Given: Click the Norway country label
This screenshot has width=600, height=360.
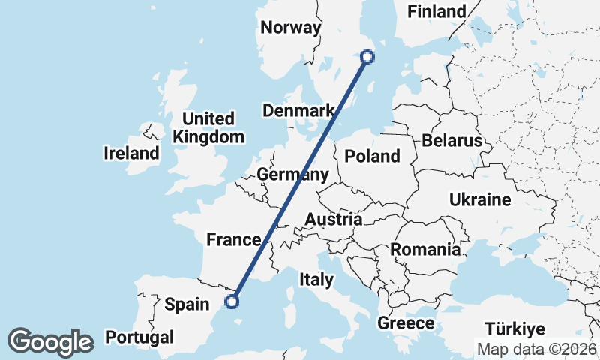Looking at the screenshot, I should click(x=290, y=28).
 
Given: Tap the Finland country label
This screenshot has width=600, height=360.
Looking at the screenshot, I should click(x=436, y=11).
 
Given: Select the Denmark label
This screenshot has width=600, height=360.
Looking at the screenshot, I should click(x=298, y=111).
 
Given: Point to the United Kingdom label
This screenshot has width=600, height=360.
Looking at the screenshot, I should click(x=208, y=127).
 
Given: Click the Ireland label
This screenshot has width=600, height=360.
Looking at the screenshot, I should click(x=131, y=154).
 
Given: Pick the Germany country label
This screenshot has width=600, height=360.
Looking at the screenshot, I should click(x=292, y=175).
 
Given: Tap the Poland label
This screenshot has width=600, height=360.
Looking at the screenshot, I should click(x=372, y=156).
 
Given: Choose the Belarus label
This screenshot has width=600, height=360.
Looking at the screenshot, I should click(x=451, y=140).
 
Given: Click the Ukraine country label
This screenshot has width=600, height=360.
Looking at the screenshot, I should click(x=480, y=199).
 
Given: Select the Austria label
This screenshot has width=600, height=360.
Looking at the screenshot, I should click(x=334, y=220).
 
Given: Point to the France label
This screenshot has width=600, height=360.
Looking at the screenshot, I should click(x=233, y=240).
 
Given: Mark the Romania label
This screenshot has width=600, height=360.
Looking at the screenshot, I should click(x=425, y=249).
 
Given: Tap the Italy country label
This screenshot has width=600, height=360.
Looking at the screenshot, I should click(x=316, y=279).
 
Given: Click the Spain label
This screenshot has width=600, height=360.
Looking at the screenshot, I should click(x=186, y=304).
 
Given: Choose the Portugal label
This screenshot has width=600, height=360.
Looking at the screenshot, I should click(x=139, y=337).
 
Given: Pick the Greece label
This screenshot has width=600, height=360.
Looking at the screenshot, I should click(x=406, y=323).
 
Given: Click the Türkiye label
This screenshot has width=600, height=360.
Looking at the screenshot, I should click(x=514, y=328).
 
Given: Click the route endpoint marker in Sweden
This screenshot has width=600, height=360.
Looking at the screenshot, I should click(x=367, y=55).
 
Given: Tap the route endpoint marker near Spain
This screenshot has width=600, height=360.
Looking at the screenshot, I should click(x=232, y=301).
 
